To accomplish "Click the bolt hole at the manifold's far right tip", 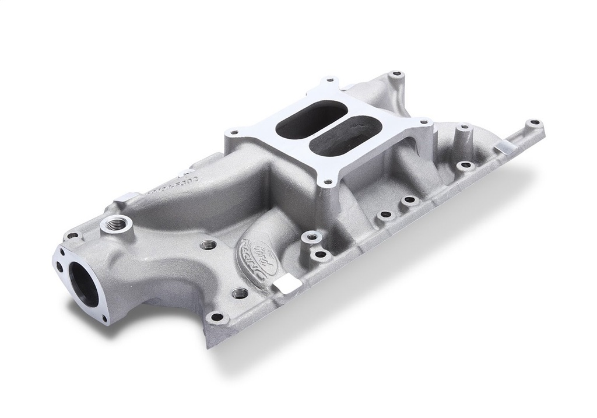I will point(533,124).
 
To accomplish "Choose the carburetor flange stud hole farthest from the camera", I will point(329,80).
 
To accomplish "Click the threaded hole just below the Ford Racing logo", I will point(240,293).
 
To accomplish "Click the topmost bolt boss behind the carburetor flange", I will point(398,75).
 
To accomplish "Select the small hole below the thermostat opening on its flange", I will point(105,319).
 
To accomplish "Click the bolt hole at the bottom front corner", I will point(217,318).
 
